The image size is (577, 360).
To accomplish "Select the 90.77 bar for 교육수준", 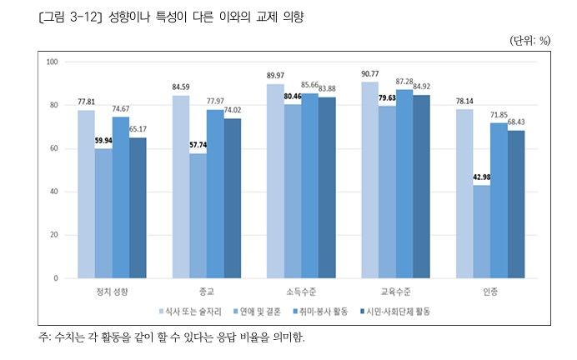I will coord(369,180).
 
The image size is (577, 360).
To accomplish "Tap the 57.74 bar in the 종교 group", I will coord(198,216).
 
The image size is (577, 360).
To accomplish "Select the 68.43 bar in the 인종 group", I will coord(516,204).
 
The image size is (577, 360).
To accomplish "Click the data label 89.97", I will coord(274,76).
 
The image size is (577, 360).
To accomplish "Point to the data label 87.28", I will coord(404,82).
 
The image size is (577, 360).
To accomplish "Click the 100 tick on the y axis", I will coord(52,62).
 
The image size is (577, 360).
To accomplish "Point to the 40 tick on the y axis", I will coord(53,192).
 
